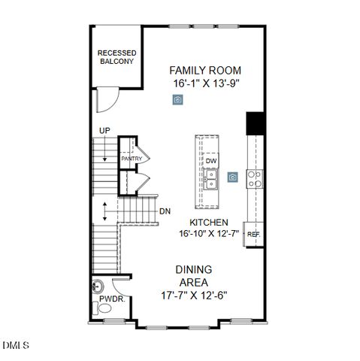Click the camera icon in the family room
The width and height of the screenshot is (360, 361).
177,99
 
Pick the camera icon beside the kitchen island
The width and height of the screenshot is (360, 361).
234,177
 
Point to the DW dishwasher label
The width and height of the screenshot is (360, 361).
211,161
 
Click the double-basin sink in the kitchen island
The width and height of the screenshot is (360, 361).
211,178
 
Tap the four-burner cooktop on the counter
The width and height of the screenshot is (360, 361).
256,178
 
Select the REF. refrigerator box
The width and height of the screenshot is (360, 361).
253,234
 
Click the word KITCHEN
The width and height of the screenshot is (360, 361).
208,223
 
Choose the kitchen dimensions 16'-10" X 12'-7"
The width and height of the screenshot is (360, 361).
208,234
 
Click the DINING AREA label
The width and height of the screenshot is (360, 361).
193,275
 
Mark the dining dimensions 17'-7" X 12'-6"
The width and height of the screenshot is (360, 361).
193,294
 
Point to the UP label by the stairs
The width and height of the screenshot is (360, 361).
104,132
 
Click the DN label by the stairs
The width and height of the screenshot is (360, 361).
165,211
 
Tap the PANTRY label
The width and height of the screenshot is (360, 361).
132,159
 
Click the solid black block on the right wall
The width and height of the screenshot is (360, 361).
256,123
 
